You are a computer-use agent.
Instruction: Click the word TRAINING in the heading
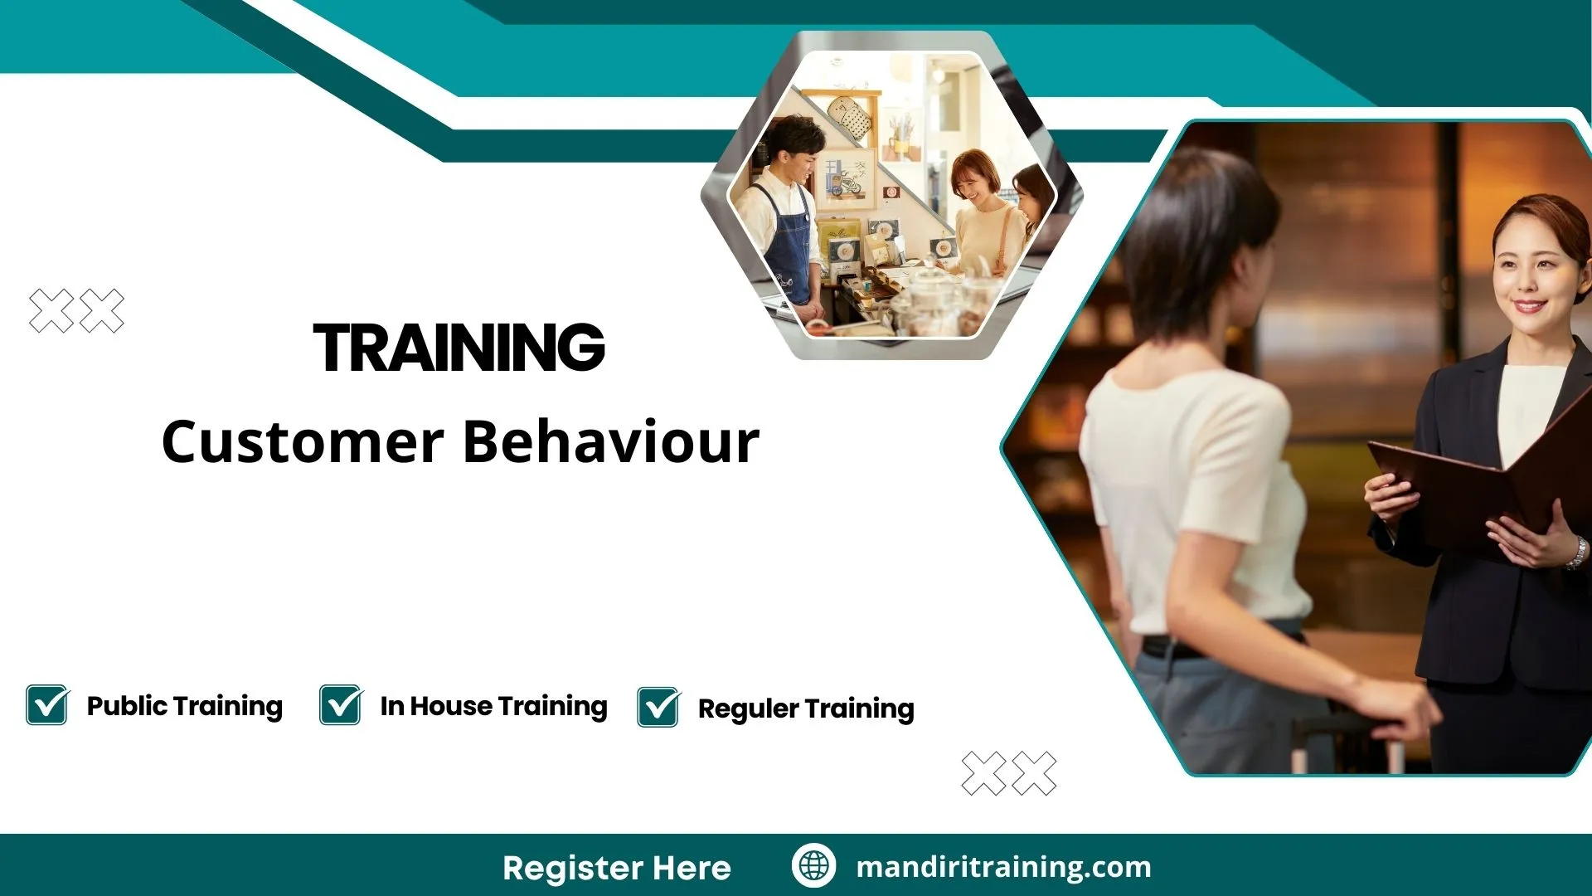pos(459,347)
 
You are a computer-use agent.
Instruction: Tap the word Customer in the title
pos(302,441)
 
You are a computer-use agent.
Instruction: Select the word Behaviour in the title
pos(610,441)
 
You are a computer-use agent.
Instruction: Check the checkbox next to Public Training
pos(47,705)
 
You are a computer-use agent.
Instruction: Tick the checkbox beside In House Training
pos(341,705)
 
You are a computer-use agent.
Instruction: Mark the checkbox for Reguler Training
pos(658,708)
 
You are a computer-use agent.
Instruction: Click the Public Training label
pos(184,706)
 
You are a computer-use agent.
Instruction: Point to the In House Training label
pos(493,706)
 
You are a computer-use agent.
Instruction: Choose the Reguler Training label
pos(806,709)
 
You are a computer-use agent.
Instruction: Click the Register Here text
pos(617,868)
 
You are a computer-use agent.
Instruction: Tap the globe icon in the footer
pos(813,866)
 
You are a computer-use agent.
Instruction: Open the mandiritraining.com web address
pos(1003,867)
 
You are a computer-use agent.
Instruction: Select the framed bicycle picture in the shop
pos(848,179)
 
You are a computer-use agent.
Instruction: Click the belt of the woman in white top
pos(1177,646)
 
